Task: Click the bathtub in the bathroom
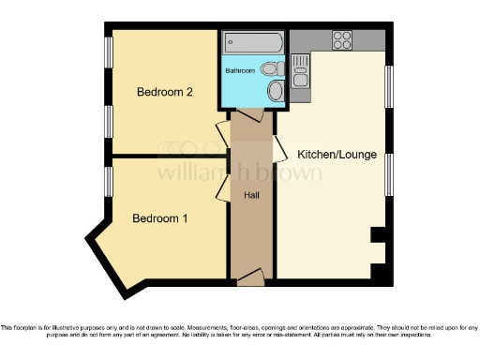(252, 43)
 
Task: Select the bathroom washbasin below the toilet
(275, 91)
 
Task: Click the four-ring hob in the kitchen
(341, 40)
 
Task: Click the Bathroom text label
(239, 70)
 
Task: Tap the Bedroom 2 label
(165, 92)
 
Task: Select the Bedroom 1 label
(159, 218)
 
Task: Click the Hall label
(252, 195)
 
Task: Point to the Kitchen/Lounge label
(337, 153)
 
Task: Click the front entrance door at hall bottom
(250, 278)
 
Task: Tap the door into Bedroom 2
(223, 135)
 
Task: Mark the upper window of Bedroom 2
(109, 60)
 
